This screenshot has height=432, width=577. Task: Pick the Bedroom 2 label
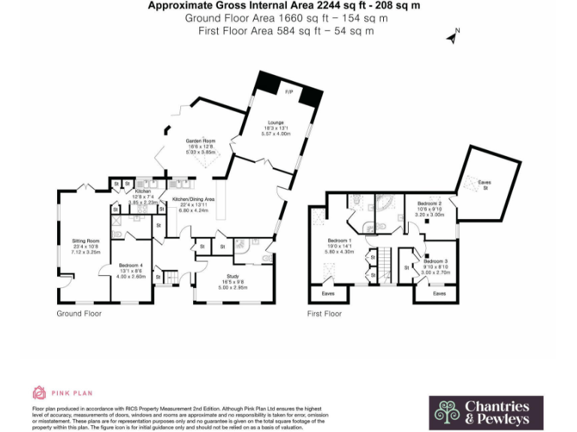coord(430,203)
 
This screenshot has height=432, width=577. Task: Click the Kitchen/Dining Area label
coord(193,199)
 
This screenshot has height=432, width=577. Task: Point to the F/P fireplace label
coord(288,91)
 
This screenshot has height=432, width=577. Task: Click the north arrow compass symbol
coord(453,35)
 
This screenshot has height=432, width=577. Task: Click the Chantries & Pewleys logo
coord(485,412)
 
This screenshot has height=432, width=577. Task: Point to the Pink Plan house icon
coord(39,392)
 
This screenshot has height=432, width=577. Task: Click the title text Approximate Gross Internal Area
coord(283,6)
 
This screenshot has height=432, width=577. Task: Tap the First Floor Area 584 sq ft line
coord(285,31)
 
